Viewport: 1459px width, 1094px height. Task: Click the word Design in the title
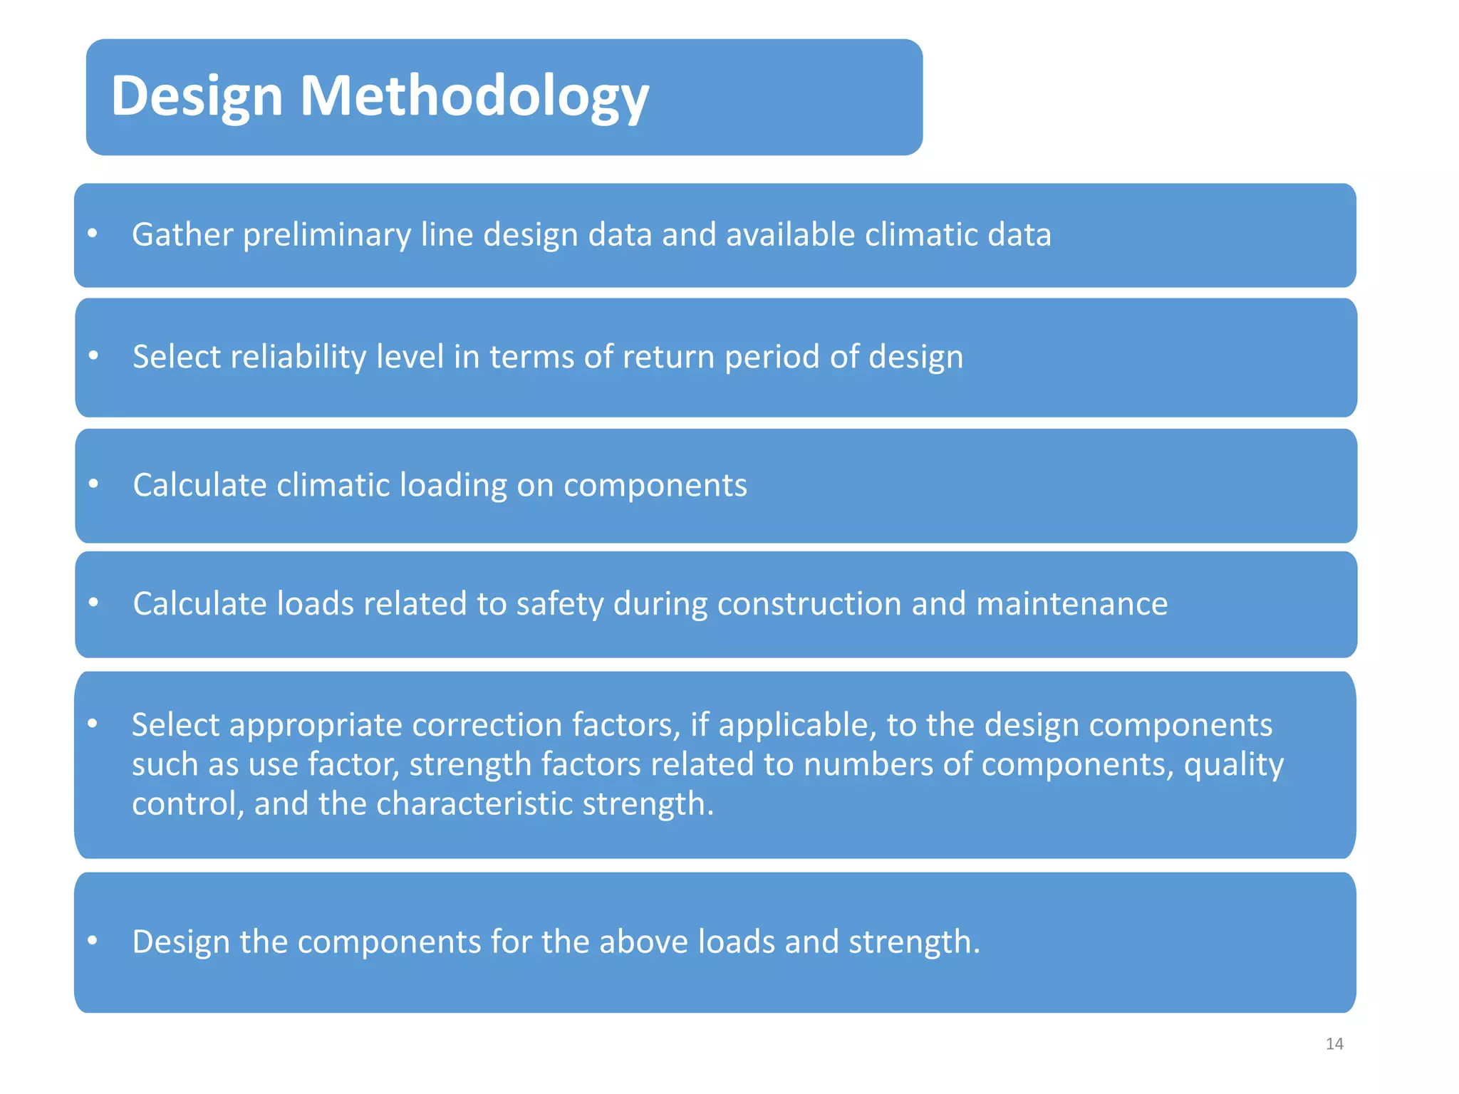[197, 96]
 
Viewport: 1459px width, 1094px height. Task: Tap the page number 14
[1334, 1044]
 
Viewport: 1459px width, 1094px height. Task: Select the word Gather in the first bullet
[182, 235]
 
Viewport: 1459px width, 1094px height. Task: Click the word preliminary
[326, 235]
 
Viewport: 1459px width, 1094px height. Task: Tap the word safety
[559, 604]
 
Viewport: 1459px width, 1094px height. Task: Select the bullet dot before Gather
[93, 233]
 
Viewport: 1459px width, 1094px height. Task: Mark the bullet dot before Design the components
[93, 940]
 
